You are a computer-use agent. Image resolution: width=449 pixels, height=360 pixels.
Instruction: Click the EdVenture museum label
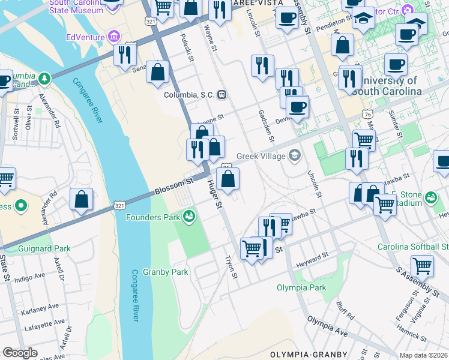click(x=86, y=37)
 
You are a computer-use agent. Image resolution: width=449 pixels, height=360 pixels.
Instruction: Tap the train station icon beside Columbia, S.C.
click(x=222, y=95)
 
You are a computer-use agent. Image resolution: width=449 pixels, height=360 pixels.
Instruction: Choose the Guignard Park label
click(x=46, y=248)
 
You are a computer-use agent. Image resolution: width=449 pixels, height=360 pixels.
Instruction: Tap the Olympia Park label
click(x=301, y=287)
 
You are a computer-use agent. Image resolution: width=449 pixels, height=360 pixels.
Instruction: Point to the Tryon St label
click(x=231, y=268)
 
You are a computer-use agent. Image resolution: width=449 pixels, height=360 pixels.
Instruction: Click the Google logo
click(x=20, y=353)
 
